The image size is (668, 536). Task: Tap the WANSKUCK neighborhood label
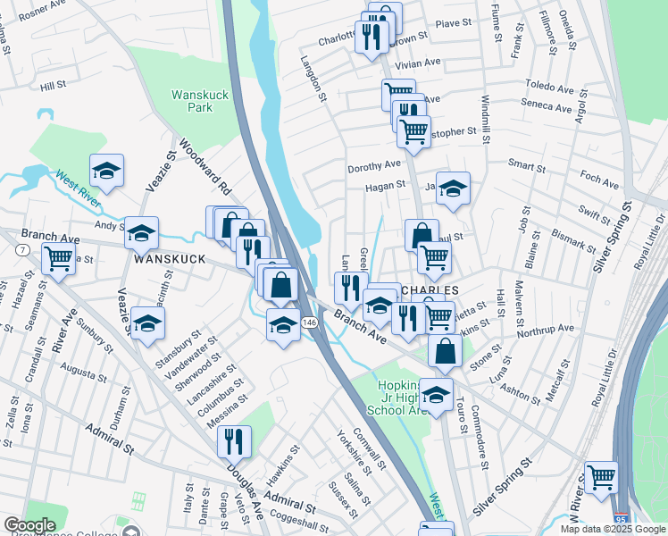(169, 258)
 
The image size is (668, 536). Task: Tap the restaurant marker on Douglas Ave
(234, 441)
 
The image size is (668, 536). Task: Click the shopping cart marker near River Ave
(58, 260)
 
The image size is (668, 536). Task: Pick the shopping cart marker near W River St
(601, 478)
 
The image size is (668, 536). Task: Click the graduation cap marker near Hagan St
(453, 188)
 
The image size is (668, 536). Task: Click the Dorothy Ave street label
(373, 165)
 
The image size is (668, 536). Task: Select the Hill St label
(54, 87)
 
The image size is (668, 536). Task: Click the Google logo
(29, 525)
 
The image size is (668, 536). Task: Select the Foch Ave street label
(598, 184)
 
